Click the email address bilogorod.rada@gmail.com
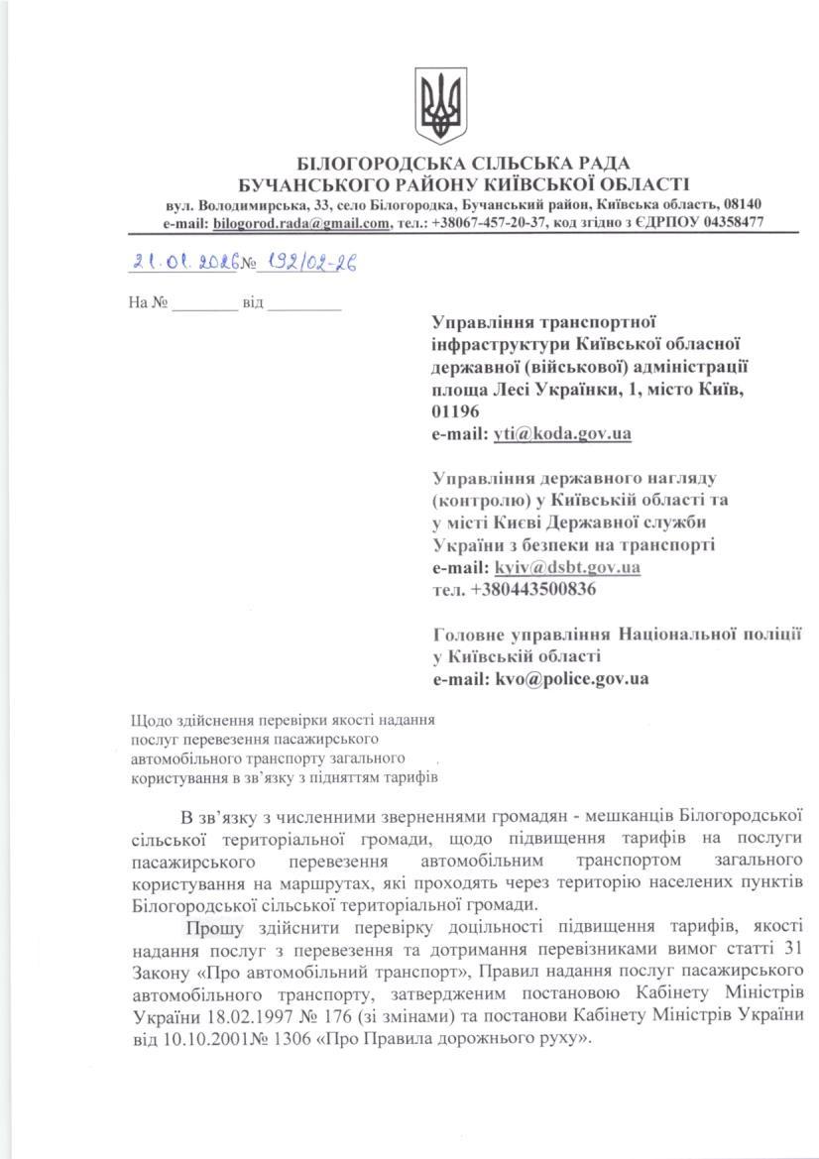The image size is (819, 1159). pos(300,223)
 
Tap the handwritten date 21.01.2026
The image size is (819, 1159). pos(186,263)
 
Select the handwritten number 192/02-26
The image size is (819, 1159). pos(306,263)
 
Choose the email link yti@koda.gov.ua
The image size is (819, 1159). pos(562,433)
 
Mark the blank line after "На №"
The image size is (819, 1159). pos(204,302)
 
